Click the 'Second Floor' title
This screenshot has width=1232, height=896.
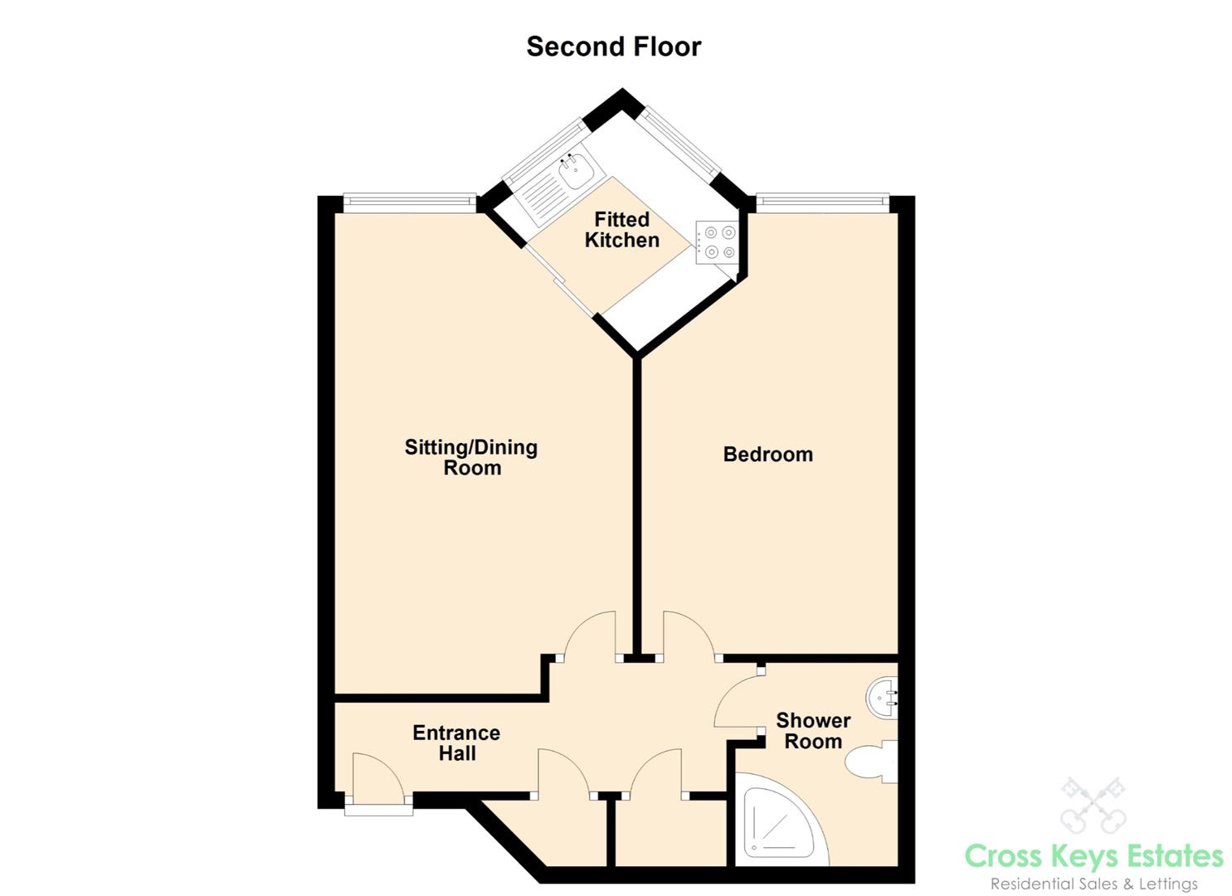613,46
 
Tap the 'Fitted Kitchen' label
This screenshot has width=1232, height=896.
621,230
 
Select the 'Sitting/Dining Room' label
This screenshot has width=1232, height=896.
471,457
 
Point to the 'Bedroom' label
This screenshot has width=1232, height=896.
767,455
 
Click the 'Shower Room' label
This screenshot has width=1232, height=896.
813,731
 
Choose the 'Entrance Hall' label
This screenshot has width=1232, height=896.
456,743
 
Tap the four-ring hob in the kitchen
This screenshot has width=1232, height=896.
716,241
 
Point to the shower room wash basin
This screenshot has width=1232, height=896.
882,699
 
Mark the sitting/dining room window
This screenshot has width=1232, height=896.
410,200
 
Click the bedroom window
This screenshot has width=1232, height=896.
821,200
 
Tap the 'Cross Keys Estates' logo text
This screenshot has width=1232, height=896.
1093,855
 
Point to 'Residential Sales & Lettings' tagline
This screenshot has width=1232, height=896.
1093,884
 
